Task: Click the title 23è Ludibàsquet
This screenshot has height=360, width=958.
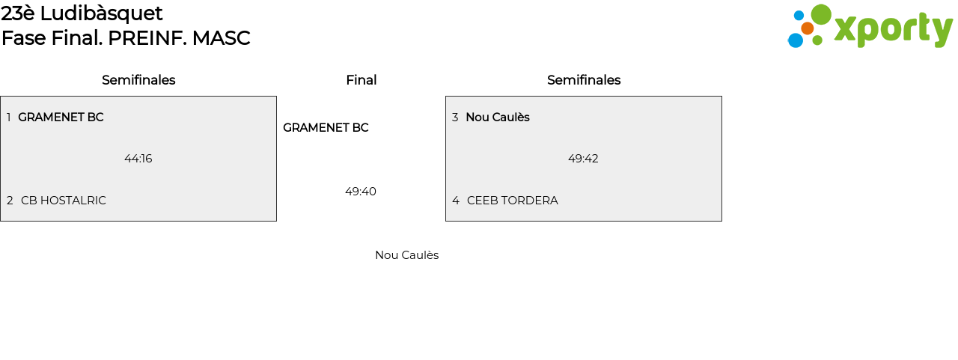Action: click(82, 13)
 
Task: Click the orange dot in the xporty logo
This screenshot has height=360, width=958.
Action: click(807, 28)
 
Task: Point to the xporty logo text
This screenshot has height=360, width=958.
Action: click(893, 30)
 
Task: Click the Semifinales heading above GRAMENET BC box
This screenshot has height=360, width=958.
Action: click(138, 80)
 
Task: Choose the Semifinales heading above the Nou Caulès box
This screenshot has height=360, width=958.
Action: click(584, 80)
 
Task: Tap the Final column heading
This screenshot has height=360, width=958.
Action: click(361, 80)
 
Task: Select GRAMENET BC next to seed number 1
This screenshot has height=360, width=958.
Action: click(61, 118)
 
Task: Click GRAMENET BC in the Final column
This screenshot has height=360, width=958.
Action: click(326, 128)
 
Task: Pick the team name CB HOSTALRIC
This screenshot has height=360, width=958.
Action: click(64, 201)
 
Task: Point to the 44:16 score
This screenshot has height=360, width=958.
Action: click(138, 159)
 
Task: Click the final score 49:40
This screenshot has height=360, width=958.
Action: click(361, 192)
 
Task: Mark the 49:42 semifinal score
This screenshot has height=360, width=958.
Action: click(583, 159)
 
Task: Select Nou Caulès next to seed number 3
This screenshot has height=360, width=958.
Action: click(498, 118)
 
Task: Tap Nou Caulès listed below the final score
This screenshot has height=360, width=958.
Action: click(406, 255)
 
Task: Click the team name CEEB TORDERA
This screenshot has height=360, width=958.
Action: click(513, 201)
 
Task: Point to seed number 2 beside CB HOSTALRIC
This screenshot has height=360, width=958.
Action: click(10, 201)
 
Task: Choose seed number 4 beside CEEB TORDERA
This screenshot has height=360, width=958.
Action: click(456, 201)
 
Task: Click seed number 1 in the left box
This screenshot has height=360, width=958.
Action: click(9, 118)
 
